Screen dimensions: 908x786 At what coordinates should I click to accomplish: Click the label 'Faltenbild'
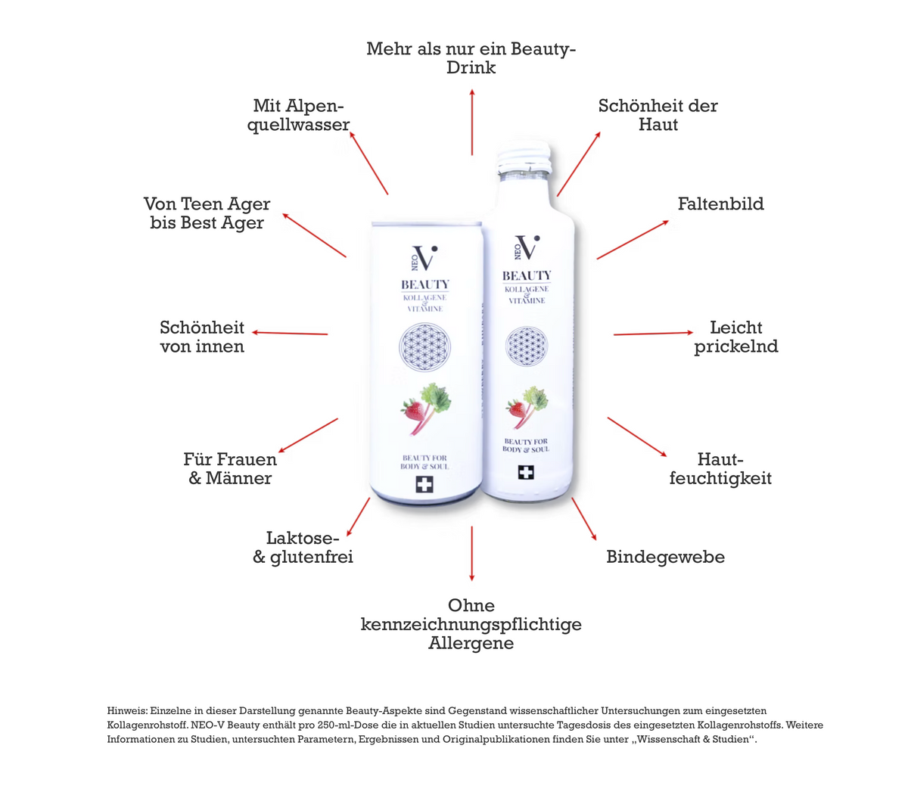(720, 203)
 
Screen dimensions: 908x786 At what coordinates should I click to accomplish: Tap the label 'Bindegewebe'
(665, 557)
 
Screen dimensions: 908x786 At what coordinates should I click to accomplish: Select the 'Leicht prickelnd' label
(735, 337)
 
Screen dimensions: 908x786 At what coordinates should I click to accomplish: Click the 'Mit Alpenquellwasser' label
(298, 115)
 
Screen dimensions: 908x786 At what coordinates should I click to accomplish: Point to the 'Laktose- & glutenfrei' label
(303, 548)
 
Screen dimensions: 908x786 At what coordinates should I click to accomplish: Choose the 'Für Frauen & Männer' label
(230, 468)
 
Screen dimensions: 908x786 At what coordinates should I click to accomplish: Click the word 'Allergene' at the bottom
(471, 643)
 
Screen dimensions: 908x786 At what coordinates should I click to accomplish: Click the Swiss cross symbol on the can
(424, 484)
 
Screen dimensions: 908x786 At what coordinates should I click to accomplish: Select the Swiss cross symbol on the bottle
(525, 473)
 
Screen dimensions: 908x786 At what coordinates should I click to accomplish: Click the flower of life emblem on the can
(424, 347)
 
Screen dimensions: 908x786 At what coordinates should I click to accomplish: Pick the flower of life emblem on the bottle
(527, 346)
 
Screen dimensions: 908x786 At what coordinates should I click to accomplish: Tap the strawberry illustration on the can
(412, 409)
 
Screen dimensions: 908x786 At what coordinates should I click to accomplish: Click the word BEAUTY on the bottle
(527, 276)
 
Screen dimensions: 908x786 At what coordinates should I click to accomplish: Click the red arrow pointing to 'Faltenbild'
(633, 240)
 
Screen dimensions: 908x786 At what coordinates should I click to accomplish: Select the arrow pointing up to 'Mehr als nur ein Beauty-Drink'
(472, 122)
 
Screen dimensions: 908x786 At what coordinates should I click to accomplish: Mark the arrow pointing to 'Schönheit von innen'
(290, 334)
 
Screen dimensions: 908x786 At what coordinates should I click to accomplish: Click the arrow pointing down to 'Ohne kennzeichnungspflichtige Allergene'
(472, 554)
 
